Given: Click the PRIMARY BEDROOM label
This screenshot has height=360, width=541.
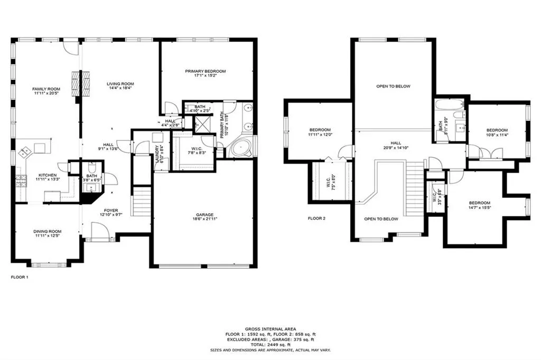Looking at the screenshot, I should pos(206,71).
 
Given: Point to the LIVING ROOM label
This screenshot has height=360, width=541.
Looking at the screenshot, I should pos(120,83).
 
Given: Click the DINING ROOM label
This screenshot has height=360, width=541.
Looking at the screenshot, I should pos(48,231).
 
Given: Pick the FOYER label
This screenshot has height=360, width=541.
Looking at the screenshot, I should pos(111,210).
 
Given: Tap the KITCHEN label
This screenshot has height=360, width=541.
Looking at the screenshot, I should pos(48,175).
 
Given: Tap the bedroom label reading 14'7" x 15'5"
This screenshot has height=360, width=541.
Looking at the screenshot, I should pos(480,203).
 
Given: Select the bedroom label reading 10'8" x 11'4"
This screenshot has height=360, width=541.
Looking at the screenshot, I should pos(497,130).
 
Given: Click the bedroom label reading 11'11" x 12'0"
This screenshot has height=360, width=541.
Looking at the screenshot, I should pos(320,130).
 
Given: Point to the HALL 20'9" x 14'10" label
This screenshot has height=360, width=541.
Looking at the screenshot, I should pos(396,143).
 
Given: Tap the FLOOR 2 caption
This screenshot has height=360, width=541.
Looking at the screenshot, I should pos(317,218).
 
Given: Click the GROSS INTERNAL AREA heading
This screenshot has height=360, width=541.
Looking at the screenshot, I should pos(270,328).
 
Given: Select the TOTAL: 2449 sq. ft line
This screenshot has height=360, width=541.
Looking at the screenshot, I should pos(270,345).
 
